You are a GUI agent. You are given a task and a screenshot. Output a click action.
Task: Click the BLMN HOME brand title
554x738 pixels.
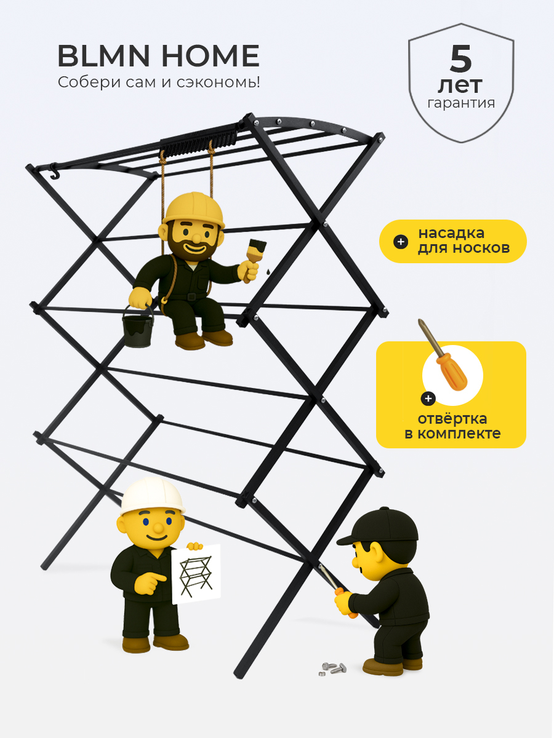click(158, 56)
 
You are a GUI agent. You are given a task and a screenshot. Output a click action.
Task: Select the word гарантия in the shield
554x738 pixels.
click(461, 103)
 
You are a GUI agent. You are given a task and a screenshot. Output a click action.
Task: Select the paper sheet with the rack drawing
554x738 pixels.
click(196, 574)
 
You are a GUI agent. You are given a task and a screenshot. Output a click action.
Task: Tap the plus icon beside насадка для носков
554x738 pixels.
click(401, 242)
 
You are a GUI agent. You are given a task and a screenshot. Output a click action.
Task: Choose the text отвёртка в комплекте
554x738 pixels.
click(452, 426)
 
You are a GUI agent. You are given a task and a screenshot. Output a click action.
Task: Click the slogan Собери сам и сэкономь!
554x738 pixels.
click(159, 82)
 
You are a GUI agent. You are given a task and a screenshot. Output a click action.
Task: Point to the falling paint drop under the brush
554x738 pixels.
click(268, 271)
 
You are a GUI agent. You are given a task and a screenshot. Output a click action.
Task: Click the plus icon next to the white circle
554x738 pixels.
click(428, 399)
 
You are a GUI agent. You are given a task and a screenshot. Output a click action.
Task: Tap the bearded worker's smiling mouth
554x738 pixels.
click(193, 249)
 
